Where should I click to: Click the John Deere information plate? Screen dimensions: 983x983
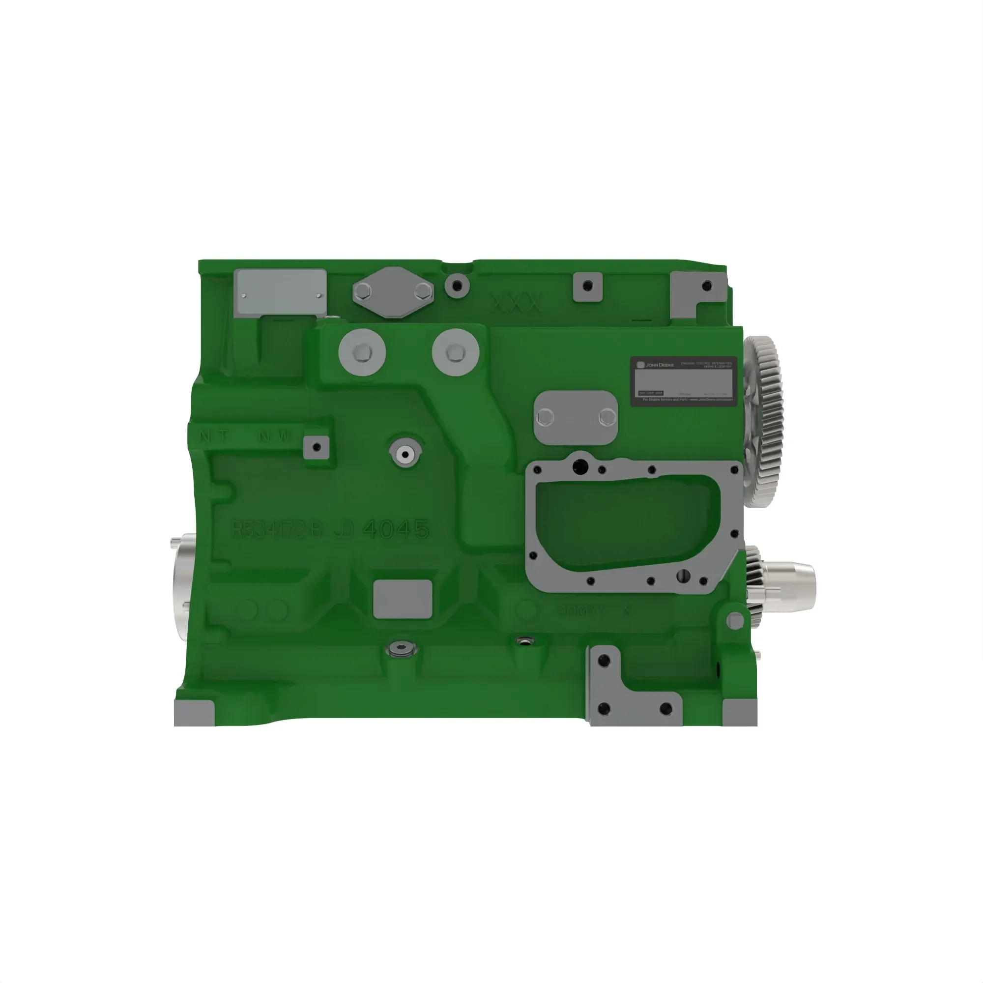pos(683,381)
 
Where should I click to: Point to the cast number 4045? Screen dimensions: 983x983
pos(396,529)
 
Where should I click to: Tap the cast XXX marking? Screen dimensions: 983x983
pos(516,303)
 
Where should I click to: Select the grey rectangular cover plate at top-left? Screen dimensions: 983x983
pos(280,291)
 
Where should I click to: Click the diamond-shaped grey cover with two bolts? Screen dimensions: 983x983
pos(393,292)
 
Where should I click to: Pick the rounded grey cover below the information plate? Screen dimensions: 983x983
pos(576,417)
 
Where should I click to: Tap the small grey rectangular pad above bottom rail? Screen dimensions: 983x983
pos(403,599)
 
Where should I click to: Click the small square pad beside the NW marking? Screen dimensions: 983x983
pos(317,447)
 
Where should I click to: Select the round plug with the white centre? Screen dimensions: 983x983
pos(405,452)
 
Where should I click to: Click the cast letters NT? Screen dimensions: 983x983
pos(214,436)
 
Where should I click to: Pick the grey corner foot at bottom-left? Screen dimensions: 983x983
pos(193,713)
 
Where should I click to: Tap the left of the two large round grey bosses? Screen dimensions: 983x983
pos(362,352)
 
